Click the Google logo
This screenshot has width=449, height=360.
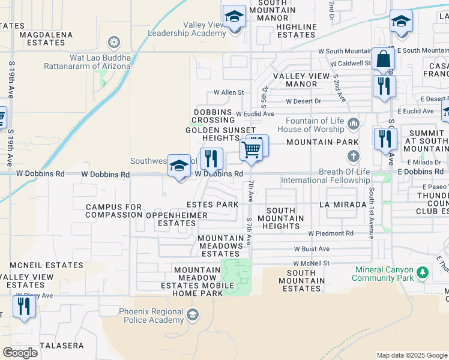click(x=20, y=353)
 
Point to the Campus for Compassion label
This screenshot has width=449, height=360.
click(x=114, y=211)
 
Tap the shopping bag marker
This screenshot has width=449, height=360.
click(x=382, y=60)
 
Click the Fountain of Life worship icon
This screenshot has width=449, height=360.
click(x=353, y=124)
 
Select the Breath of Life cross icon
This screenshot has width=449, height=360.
click(x=354, y=157)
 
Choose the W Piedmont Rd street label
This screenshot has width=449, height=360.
click(x=331, y=233)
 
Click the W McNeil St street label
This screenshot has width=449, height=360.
click(x=312, y=263)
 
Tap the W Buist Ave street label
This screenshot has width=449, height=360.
click(x=312, y=248)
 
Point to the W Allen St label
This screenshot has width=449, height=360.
click(x=229, y=93)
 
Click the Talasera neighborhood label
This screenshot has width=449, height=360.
click(x=62, y=346)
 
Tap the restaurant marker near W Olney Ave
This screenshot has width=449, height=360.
click(x=23, y=307)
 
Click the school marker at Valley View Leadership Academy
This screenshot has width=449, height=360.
click(x=234, y=17)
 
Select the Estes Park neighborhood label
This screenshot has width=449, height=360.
click(x=212, y=205)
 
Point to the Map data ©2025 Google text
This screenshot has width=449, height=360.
click(x=411, y=355)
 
